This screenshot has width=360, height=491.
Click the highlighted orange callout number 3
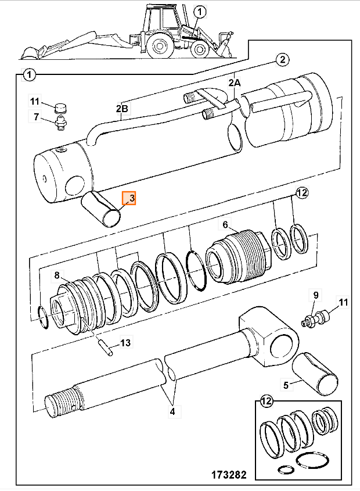[x=129, y=198]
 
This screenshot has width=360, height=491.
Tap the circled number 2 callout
[x=282, y=59]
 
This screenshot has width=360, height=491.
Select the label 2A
[x=235, y=83]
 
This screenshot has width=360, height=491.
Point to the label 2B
[x=122, y=108]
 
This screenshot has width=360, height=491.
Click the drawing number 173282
[x=229, y=475]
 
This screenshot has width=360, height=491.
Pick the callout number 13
[x=125, y=343]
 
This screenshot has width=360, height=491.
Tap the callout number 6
[x=225, y=225]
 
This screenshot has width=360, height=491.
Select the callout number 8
[x=57, y=275]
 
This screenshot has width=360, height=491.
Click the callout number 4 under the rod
[x=172, y=411]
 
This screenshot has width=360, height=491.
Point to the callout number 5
[x=286, y=385]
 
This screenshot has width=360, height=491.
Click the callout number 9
[x=315, y=295]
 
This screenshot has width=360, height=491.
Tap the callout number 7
[x=37, y=117]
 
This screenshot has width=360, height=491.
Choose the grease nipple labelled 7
[x=61, y=122]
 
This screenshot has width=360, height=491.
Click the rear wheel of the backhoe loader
[x=160, y=46]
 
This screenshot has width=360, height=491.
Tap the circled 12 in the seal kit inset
[x=266, y=401]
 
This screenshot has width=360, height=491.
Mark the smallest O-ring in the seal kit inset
[x=286, y=470]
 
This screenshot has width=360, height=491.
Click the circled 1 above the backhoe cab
[x=200, y=12]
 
